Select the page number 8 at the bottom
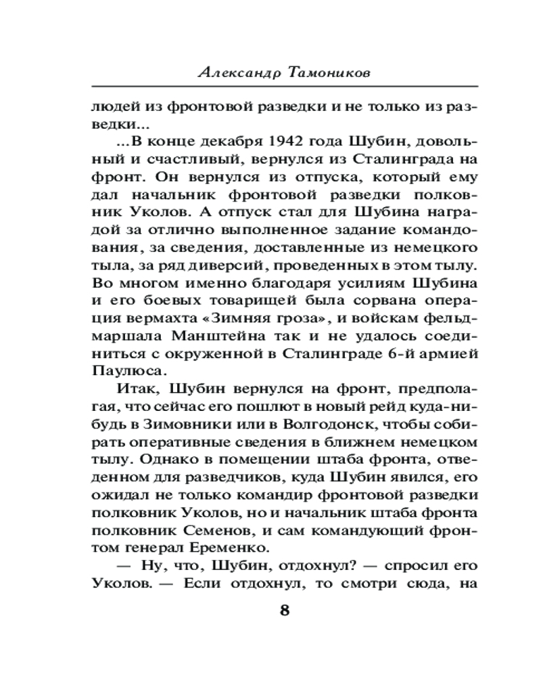coord(284,609)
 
